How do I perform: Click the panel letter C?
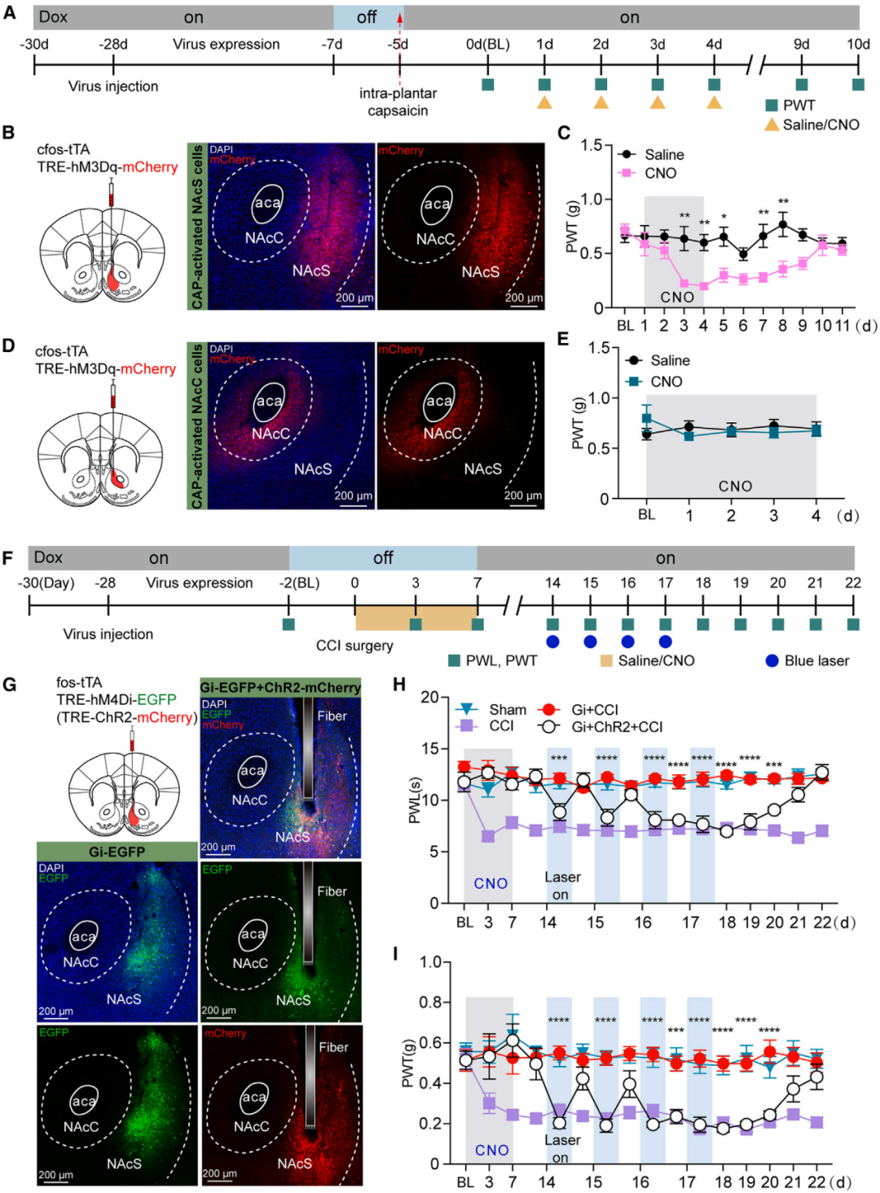564,133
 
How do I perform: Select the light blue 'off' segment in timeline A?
367,17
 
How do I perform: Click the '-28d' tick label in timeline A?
113,44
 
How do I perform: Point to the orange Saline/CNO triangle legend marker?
771,125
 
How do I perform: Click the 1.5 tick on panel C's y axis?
592,145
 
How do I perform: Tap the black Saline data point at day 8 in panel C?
783,225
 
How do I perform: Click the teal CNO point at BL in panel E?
646,419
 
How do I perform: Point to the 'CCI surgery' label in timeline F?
354,645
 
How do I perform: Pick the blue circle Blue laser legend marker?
772,660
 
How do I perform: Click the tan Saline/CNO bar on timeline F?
416,618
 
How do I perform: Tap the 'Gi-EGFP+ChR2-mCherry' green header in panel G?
280,687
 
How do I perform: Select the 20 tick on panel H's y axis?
429,698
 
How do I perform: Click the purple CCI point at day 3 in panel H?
488,835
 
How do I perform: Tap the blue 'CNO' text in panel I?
491,1150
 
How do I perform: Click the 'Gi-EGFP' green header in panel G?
117,852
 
